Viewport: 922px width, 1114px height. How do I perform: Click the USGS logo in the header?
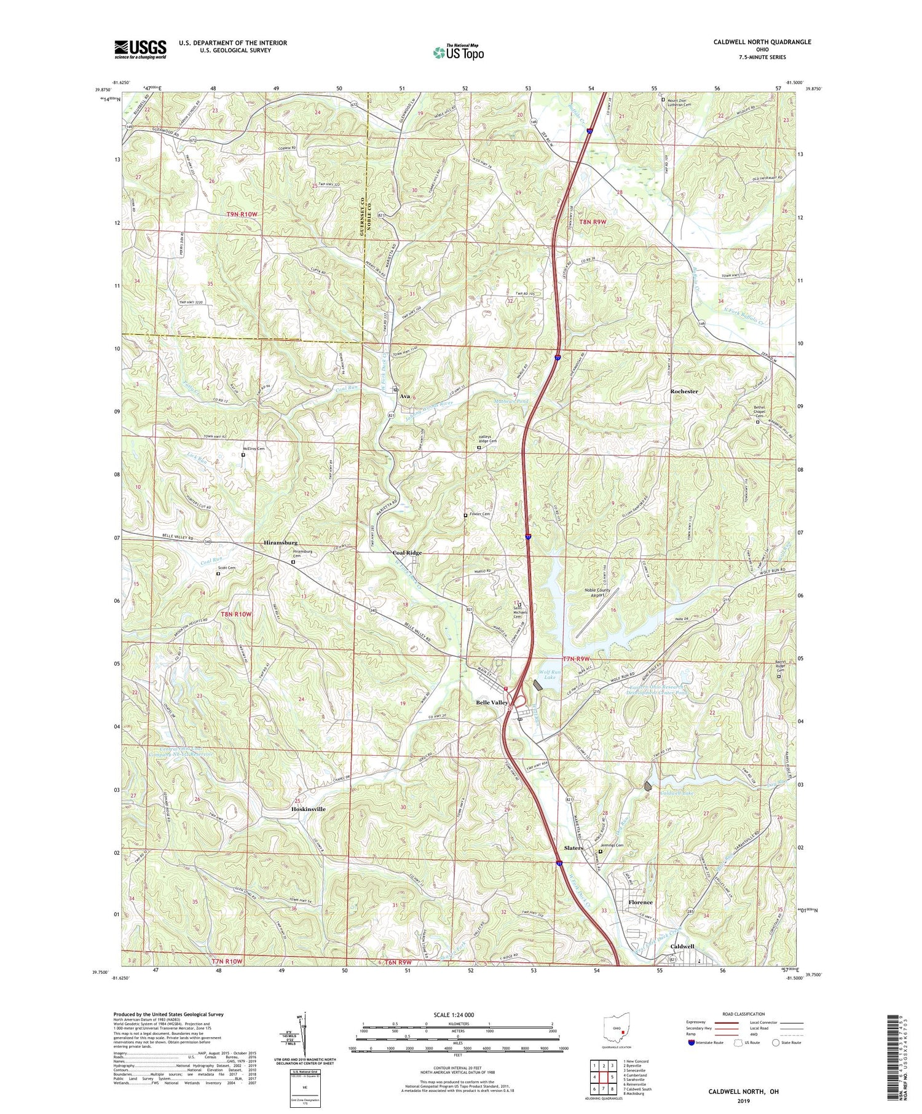click(x=140, y=49)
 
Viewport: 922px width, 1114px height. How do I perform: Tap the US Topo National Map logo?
click(x=457, y=52)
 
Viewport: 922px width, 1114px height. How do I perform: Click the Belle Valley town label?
click(x=491, y=702)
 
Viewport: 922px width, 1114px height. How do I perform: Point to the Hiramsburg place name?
click(x=280, y=543)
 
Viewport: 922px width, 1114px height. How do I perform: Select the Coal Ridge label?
click(x=407, y=552)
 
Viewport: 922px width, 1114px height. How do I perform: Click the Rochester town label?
click(x=684, y=391)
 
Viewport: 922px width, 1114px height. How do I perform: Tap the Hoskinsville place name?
click(x=308, y=809)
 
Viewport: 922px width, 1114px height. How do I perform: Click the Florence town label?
click(x=640, y=902)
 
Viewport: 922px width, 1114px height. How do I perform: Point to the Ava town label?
click(x=404, y=396)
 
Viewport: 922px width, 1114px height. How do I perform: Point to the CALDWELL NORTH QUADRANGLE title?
click(x=753, y=42)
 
